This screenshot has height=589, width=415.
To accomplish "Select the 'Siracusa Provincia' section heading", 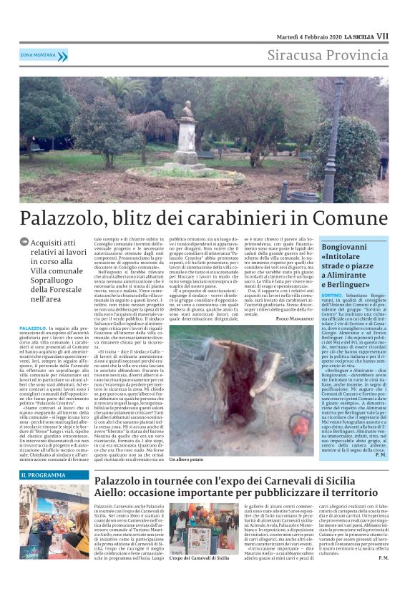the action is coord(328,55).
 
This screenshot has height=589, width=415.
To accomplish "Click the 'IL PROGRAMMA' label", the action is coord(44,474).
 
